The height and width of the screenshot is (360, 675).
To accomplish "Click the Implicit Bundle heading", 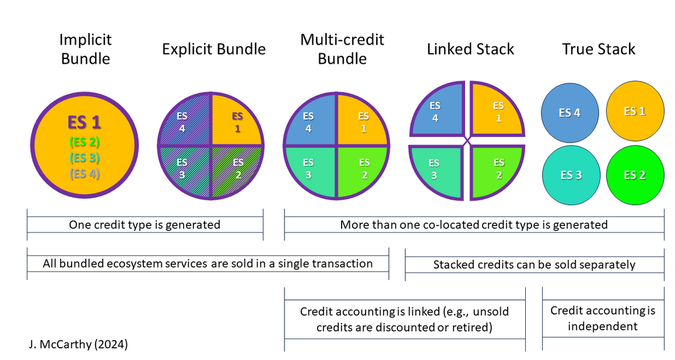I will pyautogui.click(x=85, y=49).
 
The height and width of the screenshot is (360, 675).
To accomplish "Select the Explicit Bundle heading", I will pyautogui.click(x=213, y=49).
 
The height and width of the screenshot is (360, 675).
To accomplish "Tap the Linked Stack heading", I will pyautogui.click(x=470, y=49).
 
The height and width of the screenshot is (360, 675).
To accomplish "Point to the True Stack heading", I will pyautogui.click(x=599, y=49).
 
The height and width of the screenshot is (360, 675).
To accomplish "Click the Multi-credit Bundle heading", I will pyautogui.click(x=342, y=49).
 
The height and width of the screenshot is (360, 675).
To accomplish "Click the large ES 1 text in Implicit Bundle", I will pyautogui.click(x=85, y=123).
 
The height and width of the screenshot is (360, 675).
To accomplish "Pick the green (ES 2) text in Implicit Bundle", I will pyautogui.click(x=85, y=142).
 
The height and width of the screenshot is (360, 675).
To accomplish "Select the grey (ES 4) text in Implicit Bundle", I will pyautogui.click(x=85, y=173).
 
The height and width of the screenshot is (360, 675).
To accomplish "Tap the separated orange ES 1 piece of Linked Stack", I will pyautogui.click(x=497, y=111).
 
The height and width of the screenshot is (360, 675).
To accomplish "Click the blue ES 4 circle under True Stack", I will pyautogui.click(x=569, y=113).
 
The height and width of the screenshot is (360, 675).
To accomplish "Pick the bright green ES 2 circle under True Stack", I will pyautogui.click(x=634, y=175).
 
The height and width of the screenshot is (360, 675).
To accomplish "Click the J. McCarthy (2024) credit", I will pyautogui.click(x=78, y=344).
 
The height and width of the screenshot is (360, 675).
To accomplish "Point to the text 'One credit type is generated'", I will pyautogui.click(x=145, y=224).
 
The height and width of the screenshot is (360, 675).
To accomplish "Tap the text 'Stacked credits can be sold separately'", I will pyautogui.click(x=534, y=264).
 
